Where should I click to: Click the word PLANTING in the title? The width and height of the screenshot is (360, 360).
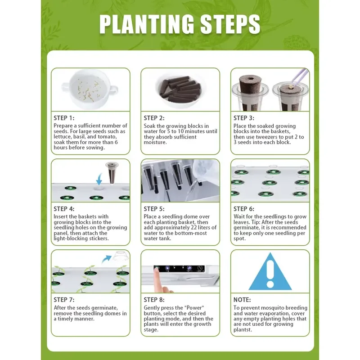point(147,24)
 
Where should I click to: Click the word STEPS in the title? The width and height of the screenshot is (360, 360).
point(230,24)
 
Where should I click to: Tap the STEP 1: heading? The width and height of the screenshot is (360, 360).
point(64,118)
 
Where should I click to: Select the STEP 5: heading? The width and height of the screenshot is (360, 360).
point(154,209)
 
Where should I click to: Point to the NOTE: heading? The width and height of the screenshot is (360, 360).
point(242,300)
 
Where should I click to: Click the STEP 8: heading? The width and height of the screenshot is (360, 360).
point(154,300)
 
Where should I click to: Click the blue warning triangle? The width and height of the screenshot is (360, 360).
point(270,271)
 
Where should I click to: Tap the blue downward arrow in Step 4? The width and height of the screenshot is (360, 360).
point(99,179)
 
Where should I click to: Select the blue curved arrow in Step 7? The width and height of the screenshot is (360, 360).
point(107,259)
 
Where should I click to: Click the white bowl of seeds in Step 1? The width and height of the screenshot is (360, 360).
point(90,90)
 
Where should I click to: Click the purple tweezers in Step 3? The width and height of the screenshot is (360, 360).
point(300,77)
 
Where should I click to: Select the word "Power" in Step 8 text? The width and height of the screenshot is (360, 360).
point(194,308)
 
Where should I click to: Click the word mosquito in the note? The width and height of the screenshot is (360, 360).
point(274,308)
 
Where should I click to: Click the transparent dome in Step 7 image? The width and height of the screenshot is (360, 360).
point(120,256)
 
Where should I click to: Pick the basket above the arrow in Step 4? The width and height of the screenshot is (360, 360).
point(112,173)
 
